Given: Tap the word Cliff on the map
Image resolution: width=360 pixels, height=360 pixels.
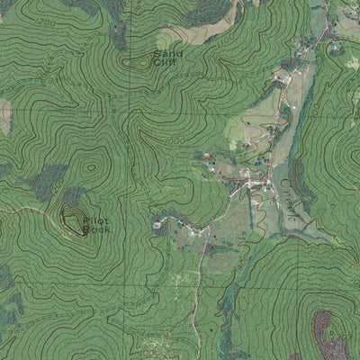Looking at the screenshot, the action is point(166,63).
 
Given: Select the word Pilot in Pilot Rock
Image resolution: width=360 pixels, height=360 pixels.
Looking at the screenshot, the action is point(94,220).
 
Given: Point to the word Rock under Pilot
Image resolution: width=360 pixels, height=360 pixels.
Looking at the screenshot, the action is point(94,229).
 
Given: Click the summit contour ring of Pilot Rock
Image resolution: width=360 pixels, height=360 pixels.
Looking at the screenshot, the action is point(71,217).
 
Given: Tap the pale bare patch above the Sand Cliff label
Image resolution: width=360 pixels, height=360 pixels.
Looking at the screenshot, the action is point(172,38).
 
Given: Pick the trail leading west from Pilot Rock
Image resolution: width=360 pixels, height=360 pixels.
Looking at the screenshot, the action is point(27,211).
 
